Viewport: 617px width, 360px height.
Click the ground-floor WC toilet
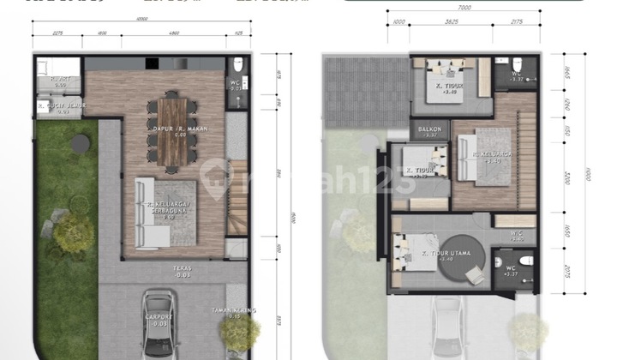point(237,67)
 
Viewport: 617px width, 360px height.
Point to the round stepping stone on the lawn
point(81,140)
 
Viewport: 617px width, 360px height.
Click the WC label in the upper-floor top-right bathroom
point(515,75)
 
